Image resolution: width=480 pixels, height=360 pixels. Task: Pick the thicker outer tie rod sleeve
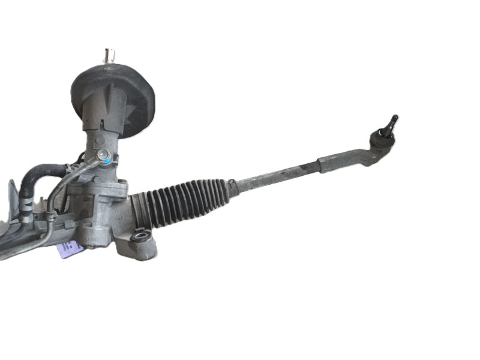click(x=342, y=160)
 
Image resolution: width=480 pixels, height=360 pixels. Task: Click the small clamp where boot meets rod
click(x=232, y=187)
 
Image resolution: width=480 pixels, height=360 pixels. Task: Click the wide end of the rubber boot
click(x=144, y=210)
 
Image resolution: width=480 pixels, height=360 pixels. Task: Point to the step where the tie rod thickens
click(x=318, y=164)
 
